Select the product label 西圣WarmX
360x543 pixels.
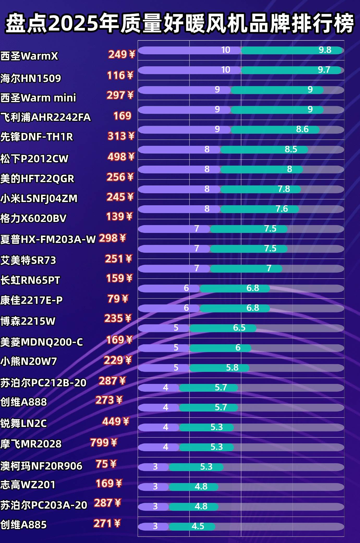coord(29,56)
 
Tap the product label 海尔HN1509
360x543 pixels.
coord(31,78)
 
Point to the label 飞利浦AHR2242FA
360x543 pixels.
coord(46,117)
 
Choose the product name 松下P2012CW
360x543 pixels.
coord(34,159)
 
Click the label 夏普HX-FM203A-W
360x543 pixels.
coord(48,239)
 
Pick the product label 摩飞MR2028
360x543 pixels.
coord(31,444)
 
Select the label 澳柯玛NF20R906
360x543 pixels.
coord(41,466)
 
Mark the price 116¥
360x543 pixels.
coord(120,76)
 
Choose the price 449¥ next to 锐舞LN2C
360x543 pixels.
coord(116,421)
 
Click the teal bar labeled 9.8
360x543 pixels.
coord(292,50)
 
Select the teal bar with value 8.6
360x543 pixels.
coord(275,130)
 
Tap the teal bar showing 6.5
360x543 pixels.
coord(223,328)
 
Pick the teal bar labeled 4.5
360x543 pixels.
coord(192,526)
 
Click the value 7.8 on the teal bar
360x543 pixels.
coord(284,189)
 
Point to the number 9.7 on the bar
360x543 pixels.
coord(324,70)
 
